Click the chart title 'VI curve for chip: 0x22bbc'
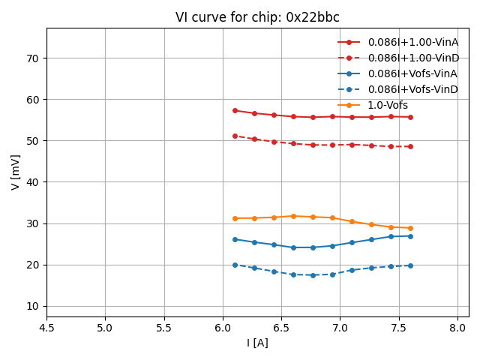point(257,17)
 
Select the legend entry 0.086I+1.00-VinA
point(412,43)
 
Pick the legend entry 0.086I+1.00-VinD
point(412,58)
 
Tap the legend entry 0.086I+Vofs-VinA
point(412,73)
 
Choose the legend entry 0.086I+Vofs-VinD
point(412,89)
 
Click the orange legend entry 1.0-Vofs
point(388,105)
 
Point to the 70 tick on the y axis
point(33,58)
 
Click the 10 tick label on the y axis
point(33,306)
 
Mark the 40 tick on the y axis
point(33,182)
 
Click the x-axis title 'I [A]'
point(257,343)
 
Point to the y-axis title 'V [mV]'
point(16,172)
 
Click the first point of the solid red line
point(235,110)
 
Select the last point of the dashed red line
point(410,146)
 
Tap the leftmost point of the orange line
point(235,218)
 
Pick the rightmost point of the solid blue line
point(410,236)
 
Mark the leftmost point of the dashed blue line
point(235,265)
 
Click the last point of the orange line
point(410,228)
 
